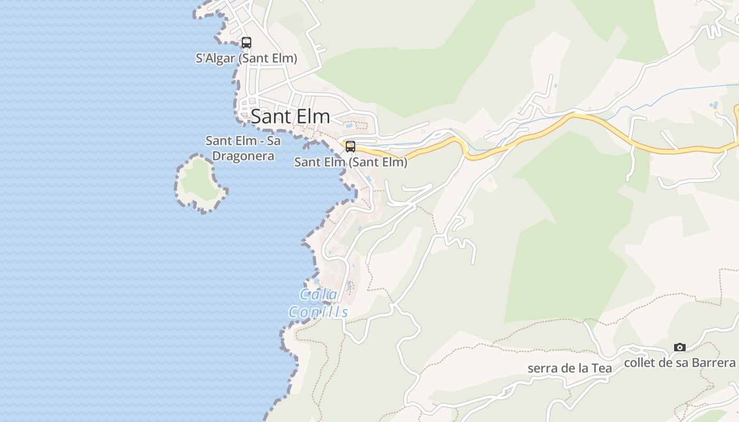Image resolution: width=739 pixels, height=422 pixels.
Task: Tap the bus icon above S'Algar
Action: (x=246, y=43)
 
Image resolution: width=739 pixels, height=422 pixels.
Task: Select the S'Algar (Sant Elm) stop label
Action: (x=246, y=59)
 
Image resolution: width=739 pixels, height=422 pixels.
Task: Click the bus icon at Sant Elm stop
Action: (x=350, y=147)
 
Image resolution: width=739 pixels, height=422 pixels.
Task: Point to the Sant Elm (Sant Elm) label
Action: (x=350, y=162)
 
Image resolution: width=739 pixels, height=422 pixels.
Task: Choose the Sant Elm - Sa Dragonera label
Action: (x=243, y=148)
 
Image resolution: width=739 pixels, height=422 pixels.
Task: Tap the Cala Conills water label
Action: (x=319, y=303)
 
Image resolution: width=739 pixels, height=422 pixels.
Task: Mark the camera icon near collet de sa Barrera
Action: (x=680, y=347)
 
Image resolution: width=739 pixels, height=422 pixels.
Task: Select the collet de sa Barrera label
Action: (x=679, y=363)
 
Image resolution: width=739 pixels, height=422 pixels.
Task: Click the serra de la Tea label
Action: (x=570, y=368)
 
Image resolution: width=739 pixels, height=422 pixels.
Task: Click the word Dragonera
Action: (x=243, y=156)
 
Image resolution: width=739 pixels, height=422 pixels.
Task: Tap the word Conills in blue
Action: (x=319, y=312)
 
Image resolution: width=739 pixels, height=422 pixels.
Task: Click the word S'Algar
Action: (x=215, y=59)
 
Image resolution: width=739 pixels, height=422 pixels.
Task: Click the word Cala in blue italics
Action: (x=319, y=294)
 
